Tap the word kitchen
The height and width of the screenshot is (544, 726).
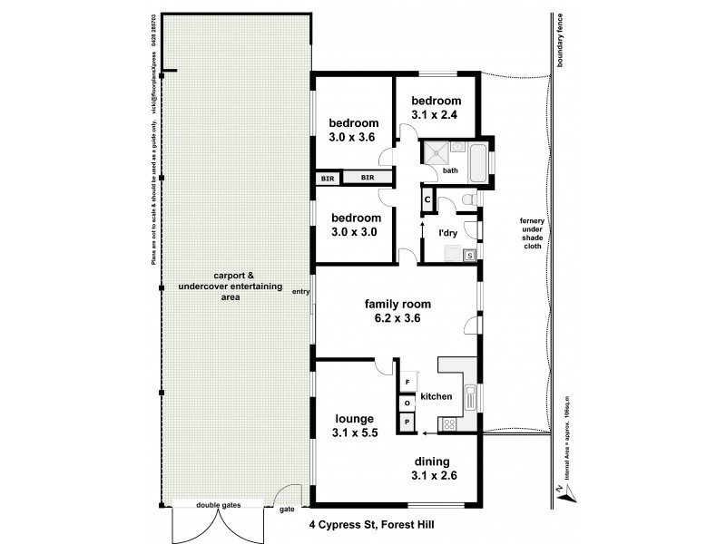[x=436, y=397]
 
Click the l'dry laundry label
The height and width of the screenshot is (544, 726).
[x=446, y=232]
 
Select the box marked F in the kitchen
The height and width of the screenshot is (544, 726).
[x=407, y=383]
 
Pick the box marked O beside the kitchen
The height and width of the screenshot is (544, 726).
[x=407, y=403]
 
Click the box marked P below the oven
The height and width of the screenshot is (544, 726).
[x=407, y=422]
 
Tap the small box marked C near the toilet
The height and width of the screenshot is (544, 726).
[x=427, y=199]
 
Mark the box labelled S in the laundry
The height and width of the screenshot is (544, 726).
[x=469, y=256]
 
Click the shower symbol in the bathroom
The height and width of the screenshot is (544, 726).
[x=432, y=152]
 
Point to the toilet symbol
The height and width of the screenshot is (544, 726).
[x=466, y=199]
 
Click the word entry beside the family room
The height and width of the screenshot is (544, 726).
[x=300, y=291]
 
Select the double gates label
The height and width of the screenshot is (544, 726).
[x=219, y=505]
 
